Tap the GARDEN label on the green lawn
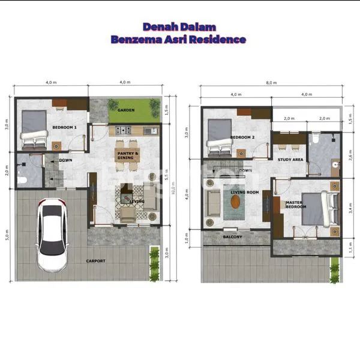point(125,110)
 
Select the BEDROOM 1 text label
point(64,128)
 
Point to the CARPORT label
point(95,261)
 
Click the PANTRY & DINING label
point(127,155)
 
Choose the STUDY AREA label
point(289,160)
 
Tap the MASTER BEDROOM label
point(295,205)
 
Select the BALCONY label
point(233,237)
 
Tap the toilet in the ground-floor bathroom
point(21,179)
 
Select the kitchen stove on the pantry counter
point(123,130)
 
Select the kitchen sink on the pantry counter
point(152,130)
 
